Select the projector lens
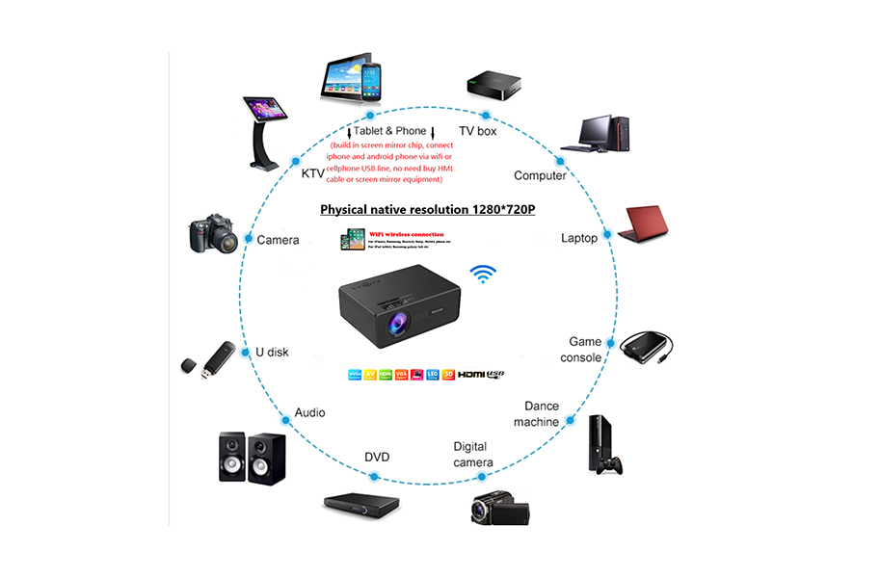(x=401, y=328)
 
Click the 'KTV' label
(x=312, y=173)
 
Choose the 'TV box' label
(x=477, y=131)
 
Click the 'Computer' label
(x=540, y=175)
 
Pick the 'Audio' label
(x=309, y=412)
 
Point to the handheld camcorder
(x=498, y=507)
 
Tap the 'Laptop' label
(x=579, y=238)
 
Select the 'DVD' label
(x=376, y=457)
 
